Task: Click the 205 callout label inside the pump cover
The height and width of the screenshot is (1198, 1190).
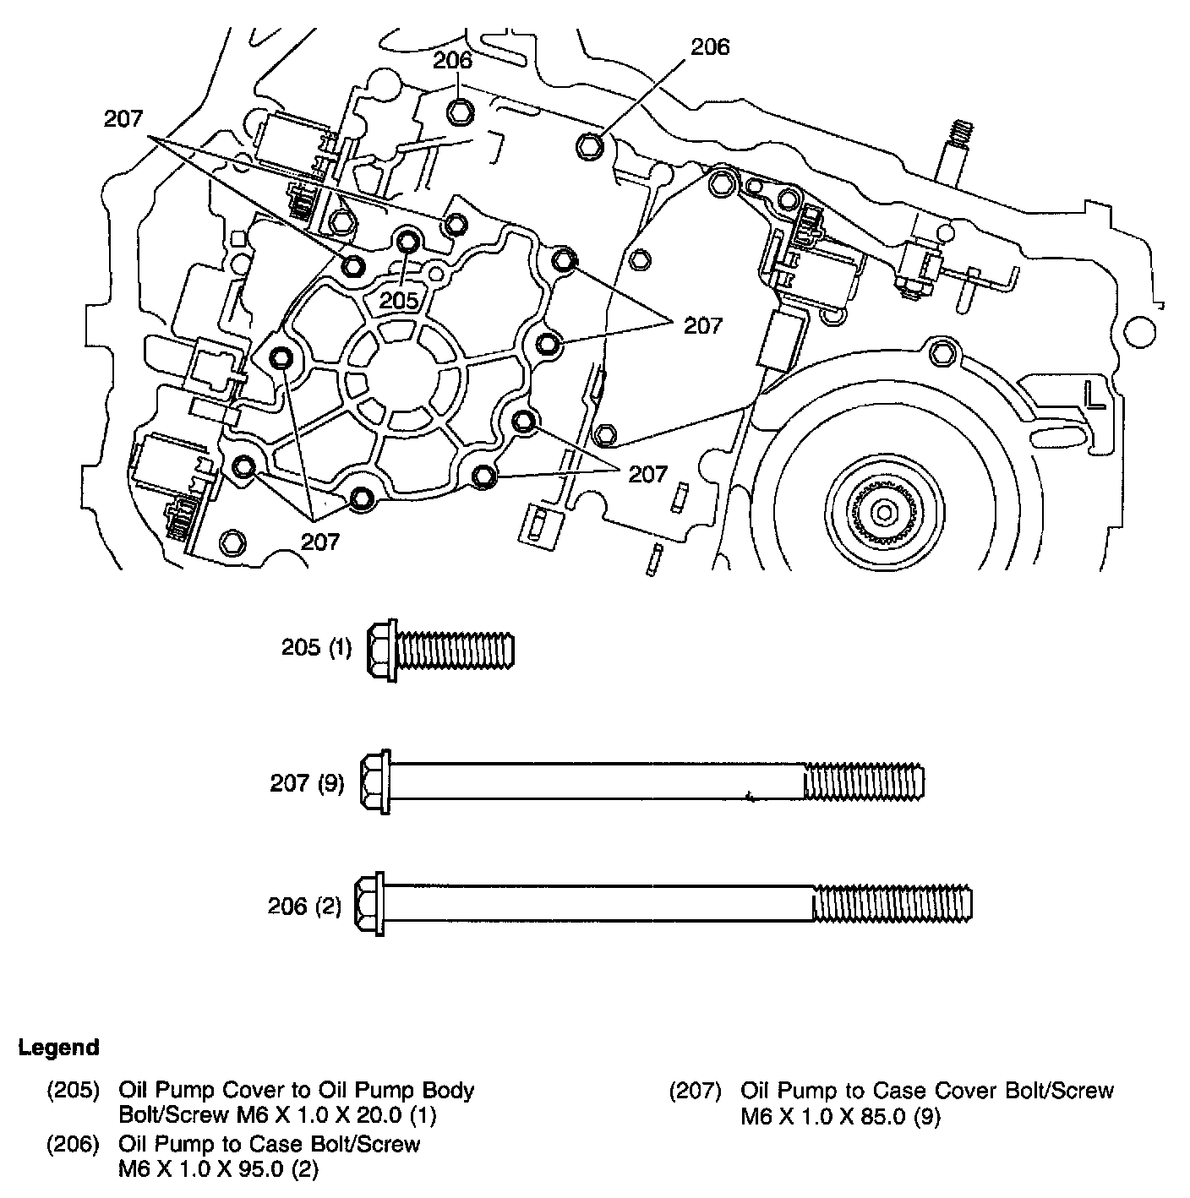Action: click(398, 300)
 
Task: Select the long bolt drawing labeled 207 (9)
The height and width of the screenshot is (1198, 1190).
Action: click(642, 781)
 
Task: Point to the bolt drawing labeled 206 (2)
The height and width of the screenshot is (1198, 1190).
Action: click(663, 903)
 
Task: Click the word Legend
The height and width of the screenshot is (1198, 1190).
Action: click(58, 1048)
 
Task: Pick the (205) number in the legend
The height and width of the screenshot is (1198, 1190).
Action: click(73, 1091)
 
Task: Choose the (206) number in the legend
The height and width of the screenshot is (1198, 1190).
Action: click(73, 1145)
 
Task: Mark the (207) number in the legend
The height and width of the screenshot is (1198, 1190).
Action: click(695, 1091)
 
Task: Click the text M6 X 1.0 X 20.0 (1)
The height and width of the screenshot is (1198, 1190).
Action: click(277, 1116)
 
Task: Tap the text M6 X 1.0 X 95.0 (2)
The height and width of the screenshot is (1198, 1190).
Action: click(218, 1170)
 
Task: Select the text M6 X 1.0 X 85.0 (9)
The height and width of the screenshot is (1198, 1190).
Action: click(840, 1117)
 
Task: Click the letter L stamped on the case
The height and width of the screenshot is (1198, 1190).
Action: click(1096, 395)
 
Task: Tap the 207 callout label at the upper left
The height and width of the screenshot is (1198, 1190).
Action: click(124, 119)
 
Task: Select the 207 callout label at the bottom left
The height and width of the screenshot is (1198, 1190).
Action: click(320, 541)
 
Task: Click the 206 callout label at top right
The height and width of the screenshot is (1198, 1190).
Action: click(709, 47)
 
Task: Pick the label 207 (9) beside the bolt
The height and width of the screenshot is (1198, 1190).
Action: click(307, 783)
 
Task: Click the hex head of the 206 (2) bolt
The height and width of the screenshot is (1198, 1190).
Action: click(369, 903)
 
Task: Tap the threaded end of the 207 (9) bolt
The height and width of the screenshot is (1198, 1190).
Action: click(864, 781)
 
